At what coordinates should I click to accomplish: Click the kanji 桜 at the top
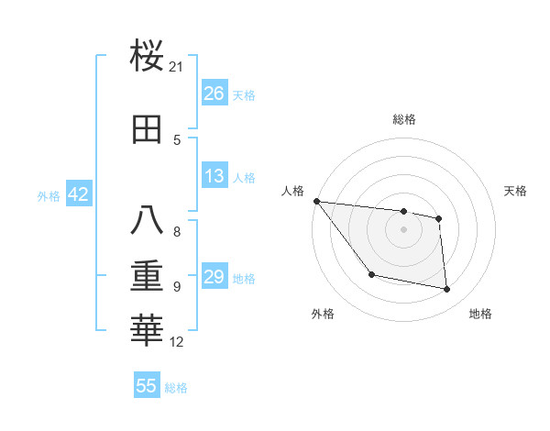tap(148, 56)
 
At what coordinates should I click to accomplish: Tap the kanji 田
tap(148, 129)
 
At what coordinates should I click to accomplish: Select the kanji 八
tap(148, 221)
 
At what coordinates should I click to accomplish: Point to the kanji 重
tap(148, 276)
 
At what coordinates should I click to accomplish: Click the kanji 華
tap(148, 331)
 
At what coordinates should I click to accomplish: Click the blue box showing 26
tap(214, 94)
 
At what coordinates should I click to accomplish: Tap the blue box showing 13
tap(214, 176)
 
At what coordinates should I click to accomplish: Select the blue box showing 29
tap(214, 277)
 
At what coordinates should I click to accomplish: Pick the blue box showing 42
tap(78, 194)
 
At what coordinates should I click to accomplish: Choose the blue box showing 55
tap(147, 386)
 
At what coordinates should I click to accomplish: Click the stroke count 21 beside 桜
tap(177, 67)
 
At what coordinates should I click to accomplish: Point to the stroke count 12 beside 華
tap(177, 342)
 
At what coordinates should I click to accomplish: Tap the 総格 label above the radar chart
tap(404, 119)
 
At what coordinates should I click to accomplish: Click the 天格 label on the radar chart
tap(516, 191)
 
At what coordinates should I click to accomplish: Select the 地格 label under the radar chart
tap(480, 314)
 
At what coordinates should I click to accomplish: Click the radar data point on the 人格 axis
tap(316, 201)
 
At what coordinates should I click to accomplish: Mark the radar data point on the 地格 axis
tap(447, 290)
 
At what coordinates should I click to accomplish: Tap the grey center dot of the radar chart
tap(403, 229)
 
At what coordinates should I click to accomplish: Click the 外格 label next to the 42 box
tap(49, 195)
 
